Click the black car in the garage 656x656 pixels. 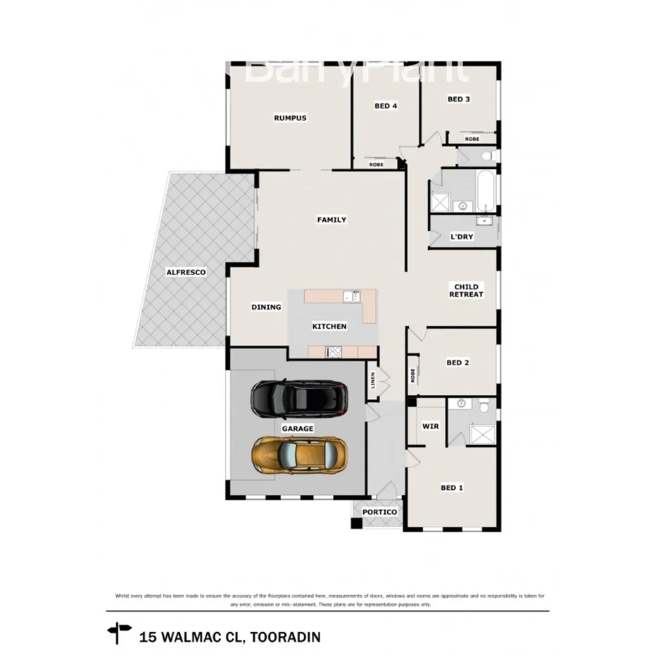pyautogui.click(x=299, y=398)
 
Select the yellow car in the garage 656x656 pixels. pyautogui.click(x=300, y=455)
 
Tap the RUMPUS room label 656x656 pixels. pyautogui.click(x=290, y=118)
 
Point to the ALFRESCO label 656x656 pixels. pyautogui.click(x=186, y=272)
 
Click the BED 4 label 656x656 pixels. pyautogui.click(x=386, y=106)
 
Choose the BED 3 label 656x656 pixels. pyautogui.click(x=459, y=99)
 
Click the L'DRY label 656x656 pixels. pyautogui.click(x=462, y=237)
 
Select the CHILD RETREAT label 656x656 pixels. pyautogui.click(x=466, y=291)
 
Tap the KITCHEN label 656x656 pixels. pyautogui.click(x=329, y=327)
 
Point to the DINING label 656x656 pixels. pyautogui.click(x=266, y=307)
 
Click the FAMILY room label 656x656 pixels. pyautogui.click(x=332, y=220)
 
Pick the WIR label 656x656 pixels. pyautogui.click(x=430, y=427)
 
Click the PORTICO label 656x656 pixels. pyautogui.click(x=379, y=512)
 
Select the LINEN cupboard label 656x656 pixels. pyautogui.click(x=373, y=381)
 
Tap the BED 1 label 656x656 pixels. pyautogui.click(x=451, y=487)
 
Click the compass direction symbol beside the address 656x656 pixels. pyautogui.click(x=119, y=632)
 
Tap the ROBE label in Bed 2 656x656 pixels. pyautogui.click(x=413, y=375)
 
